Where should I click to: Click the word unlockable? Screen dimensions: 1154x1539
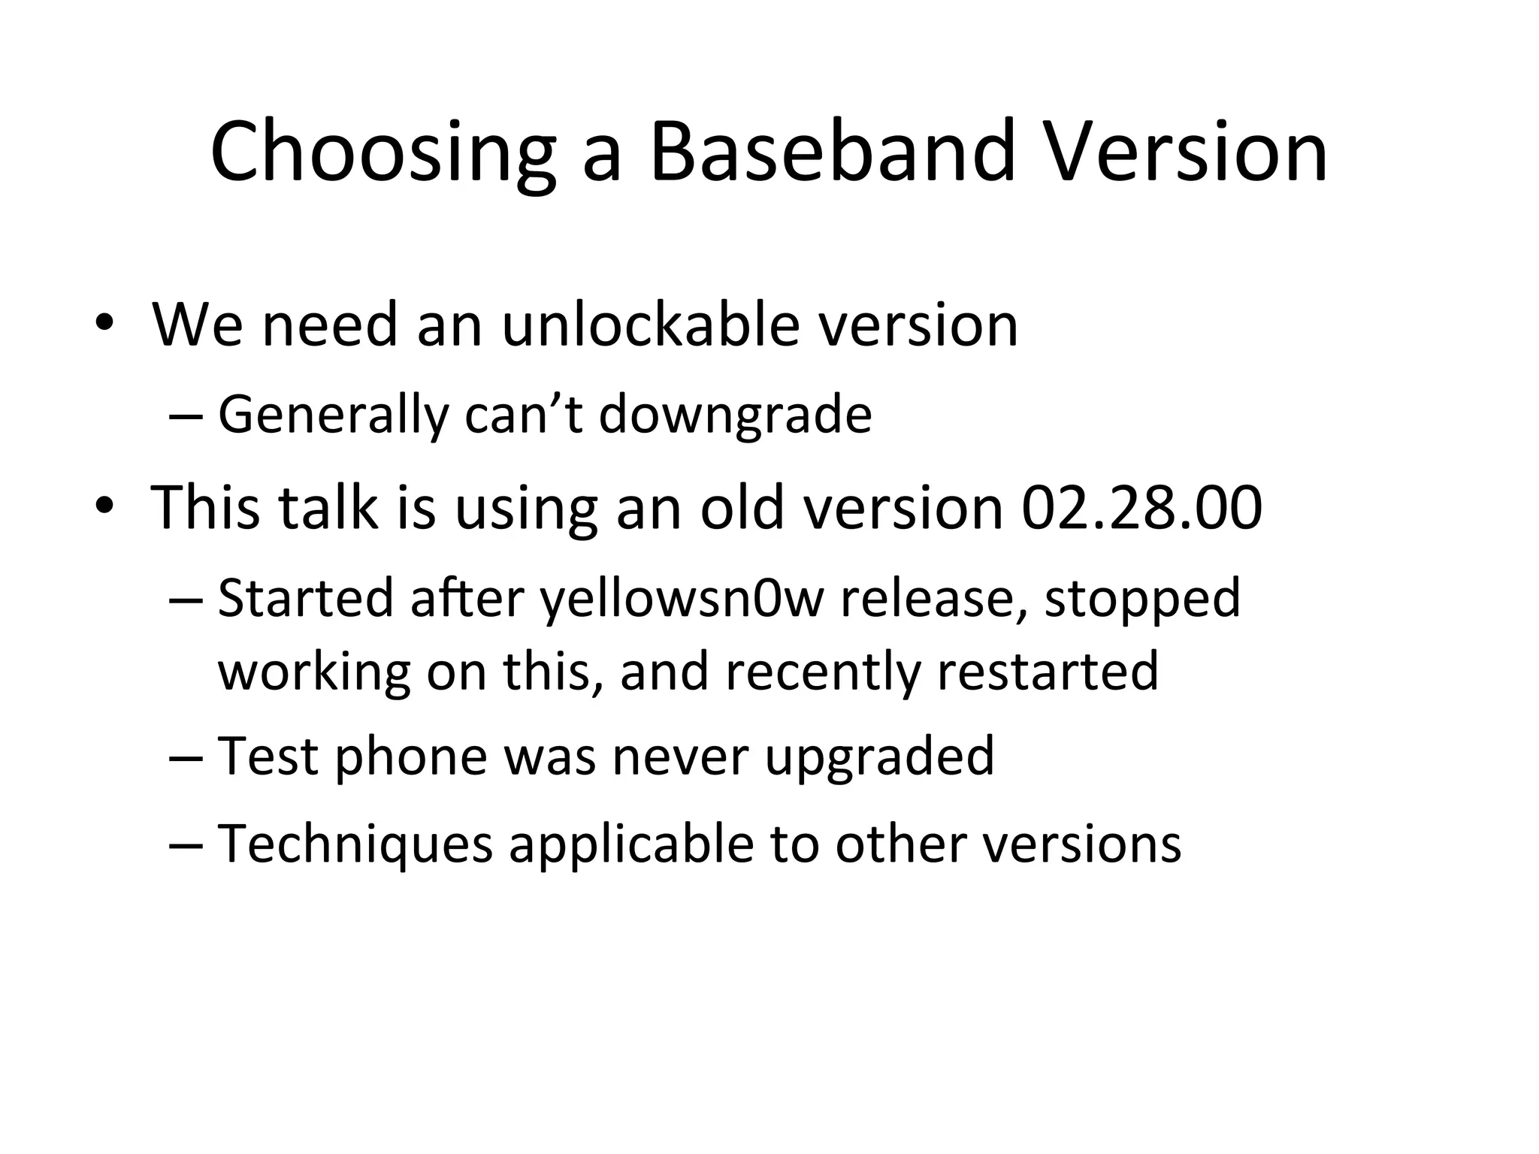[x=650, y=325]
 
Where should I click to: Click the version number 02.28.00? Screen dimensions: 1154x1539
[x=1141, y=508]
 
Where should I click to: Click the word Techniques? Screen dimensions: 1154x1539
[x=355, y=844]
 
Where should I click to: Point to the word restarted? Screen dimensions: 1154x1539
[x=1047, y=671]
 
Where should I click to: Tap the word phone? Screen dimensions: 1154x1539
[x=411, y=757]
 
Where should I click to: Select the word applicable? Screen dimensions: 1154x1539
[x=631, y=844]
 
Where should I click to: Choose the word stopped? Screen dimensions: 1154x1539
[x=1142, y=600]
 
